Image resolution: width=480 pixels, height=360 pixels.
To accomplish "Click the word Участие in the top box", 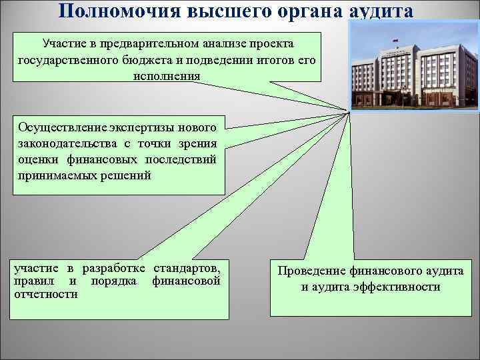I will click(x=63, y=43).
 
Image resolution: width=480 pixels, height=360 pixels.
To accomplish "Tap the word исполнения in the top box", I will click(x=166, y=75).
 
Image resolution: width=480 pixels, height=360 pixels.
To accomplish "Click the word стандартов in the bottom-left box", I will click(x=187, y=268).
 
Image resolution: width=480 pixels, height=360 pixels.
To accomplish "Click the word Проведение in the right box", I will click(x=311, y=271).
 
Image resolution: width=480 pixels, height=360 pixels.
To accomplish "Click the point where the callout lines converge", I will click(x=347, y=110).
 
